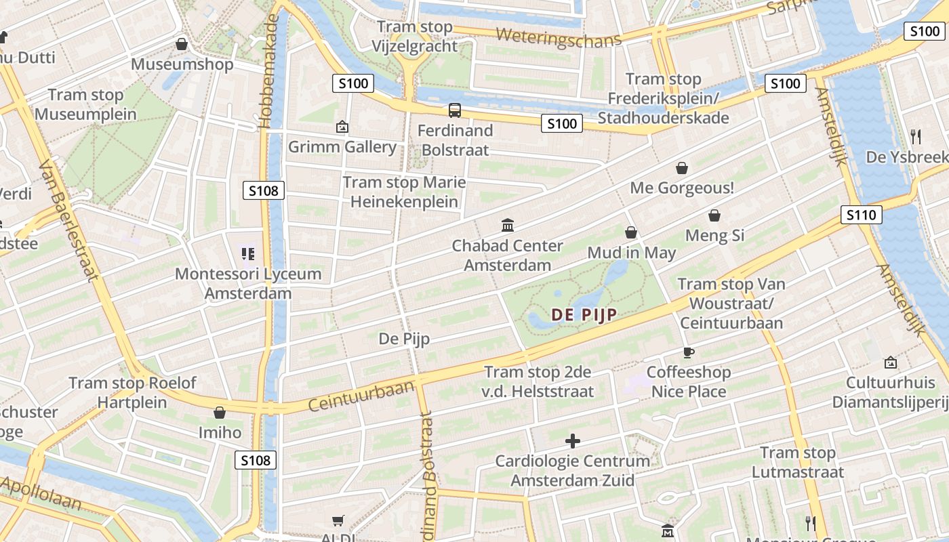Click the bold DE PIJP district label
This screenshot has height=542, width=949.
click(584, 315)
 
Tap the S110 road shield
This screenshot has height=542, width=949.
click(862, 215)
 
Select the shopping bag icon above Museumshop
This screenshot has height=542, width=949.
click(181, 45)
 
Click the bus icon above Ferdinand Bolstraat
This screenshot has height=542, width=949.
click(454, 110)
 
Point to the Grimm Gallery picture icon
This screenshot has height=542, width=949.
click(342, 127)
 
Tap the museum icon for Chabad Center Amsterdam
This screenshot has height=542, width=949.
click(507, 225)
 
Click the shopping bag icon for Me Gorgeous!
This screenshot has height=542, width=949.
click(682, 168)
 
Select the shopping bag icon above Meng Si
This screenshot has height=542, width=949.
click(714, 216)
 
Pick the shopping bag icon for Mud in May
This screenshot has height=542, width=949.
click(631, 233)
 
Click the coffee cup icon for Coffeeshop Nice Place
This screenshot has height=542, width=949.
click(689, 352)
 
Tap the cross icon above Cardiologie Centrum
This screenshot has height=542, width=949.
click(573, 442)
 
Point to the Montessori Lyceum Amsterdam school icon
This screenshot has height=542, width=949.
click(247, 254)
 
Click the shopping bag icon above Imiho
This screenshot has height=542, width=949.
click(219, 413)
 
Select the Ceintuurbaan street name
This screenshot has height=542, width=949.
click(361, 396)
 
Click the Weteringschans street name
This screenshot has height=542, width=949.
click(558, 37)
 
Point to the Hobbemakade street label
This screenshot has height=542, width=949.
click(268, 71)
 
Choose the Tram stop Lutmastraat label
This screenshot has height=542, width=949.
click(798, 462)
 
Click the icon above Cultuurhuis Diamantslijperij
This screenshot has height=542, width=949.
click(890, 362)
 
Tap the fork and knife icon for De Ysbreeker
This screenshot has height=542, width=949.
click(916, 137)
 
